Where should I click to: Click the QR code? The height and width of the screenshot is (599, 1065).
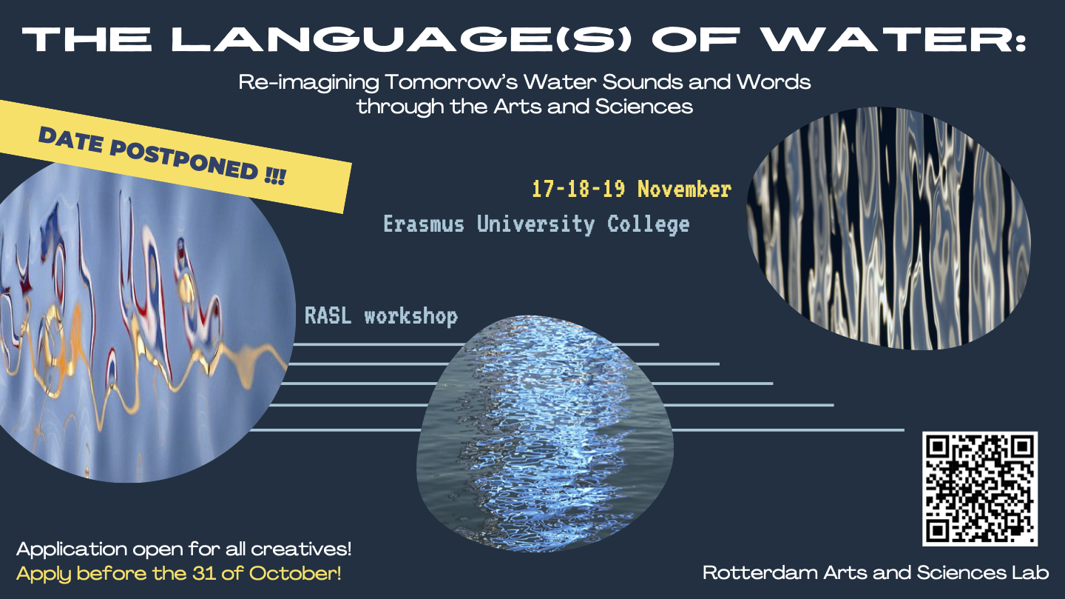(x=980, y=489)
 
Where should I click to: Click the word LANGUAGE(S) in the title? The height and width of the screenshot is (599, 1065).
(x=402, y=39)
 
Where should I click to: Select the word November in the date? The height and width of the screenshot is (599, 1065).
(x=684, y=189)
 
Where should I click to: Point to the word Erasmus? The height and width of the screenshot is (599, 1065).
(x=424, y=224)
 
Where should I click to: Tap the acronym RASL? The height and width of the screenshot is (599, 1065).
(x=328, y=315)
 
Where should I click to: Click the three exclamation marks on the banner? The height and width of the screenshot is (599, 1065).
(x=275, y=176)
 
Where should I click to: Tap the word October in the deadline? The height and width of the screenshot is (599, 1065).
(x=295, y=573)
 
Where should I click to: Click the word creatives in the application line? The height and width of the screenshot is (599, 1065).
(x=301, y=549)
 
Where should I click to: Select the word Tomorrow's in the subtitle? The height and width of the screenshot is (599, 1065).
(x=450, y=82)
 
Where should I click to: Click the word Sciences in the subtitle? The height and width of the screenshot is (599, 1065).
(x=643, y=106)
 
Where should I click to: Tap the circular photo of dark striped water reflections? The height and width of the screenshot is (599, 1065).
(x=889, y=229)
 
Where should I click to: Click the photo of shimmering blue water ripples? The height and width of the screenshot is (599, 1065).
(x=545, y=433)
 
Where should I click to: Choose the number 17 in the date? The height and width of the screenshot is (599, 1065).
(x=543, y=189)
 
